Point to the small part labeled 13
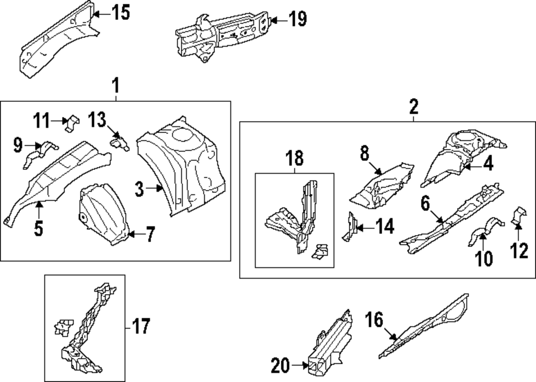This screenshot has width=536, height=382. [120, 143]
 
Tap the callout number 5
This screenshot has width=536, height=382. [39, 229]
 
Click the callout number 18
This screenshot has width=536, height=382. [294, 159]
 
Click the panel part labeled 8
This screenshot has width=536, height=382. [383, 185]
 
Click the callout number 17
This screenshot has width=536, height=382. [141, 326]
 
